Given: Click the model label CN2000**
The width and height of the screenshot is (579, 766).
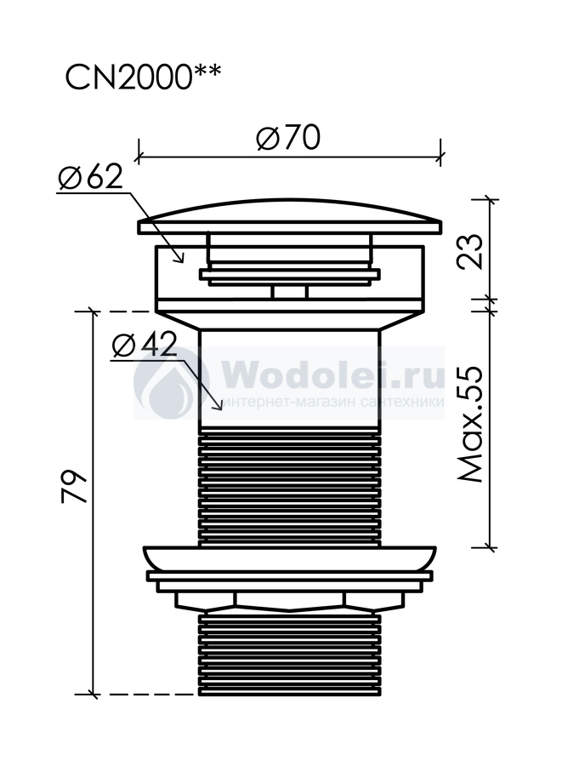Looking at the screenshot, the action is coord(143,77).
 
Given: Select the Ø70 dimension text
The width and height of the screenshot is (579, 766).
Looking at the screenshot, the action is coord(288,137).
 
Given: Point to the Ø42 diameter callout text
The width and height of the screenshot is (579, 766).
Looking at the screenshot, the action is coord(144,346).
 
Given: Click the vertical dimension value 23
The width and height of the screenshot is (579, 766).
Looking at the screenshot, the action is coord(469,252).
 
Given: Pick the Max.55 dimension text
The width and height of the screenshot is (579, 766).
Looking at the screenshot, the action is coord(469,425).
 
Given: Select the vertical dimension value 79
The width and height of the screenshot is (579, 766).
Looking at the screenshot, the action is coord(74,487).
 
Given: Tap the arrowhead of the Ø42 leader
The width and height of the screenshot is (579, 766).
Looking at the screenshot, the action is coord(218,405).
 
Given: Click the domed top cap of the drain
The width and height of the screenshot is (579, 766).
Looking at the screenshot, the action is coord(290,217).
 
